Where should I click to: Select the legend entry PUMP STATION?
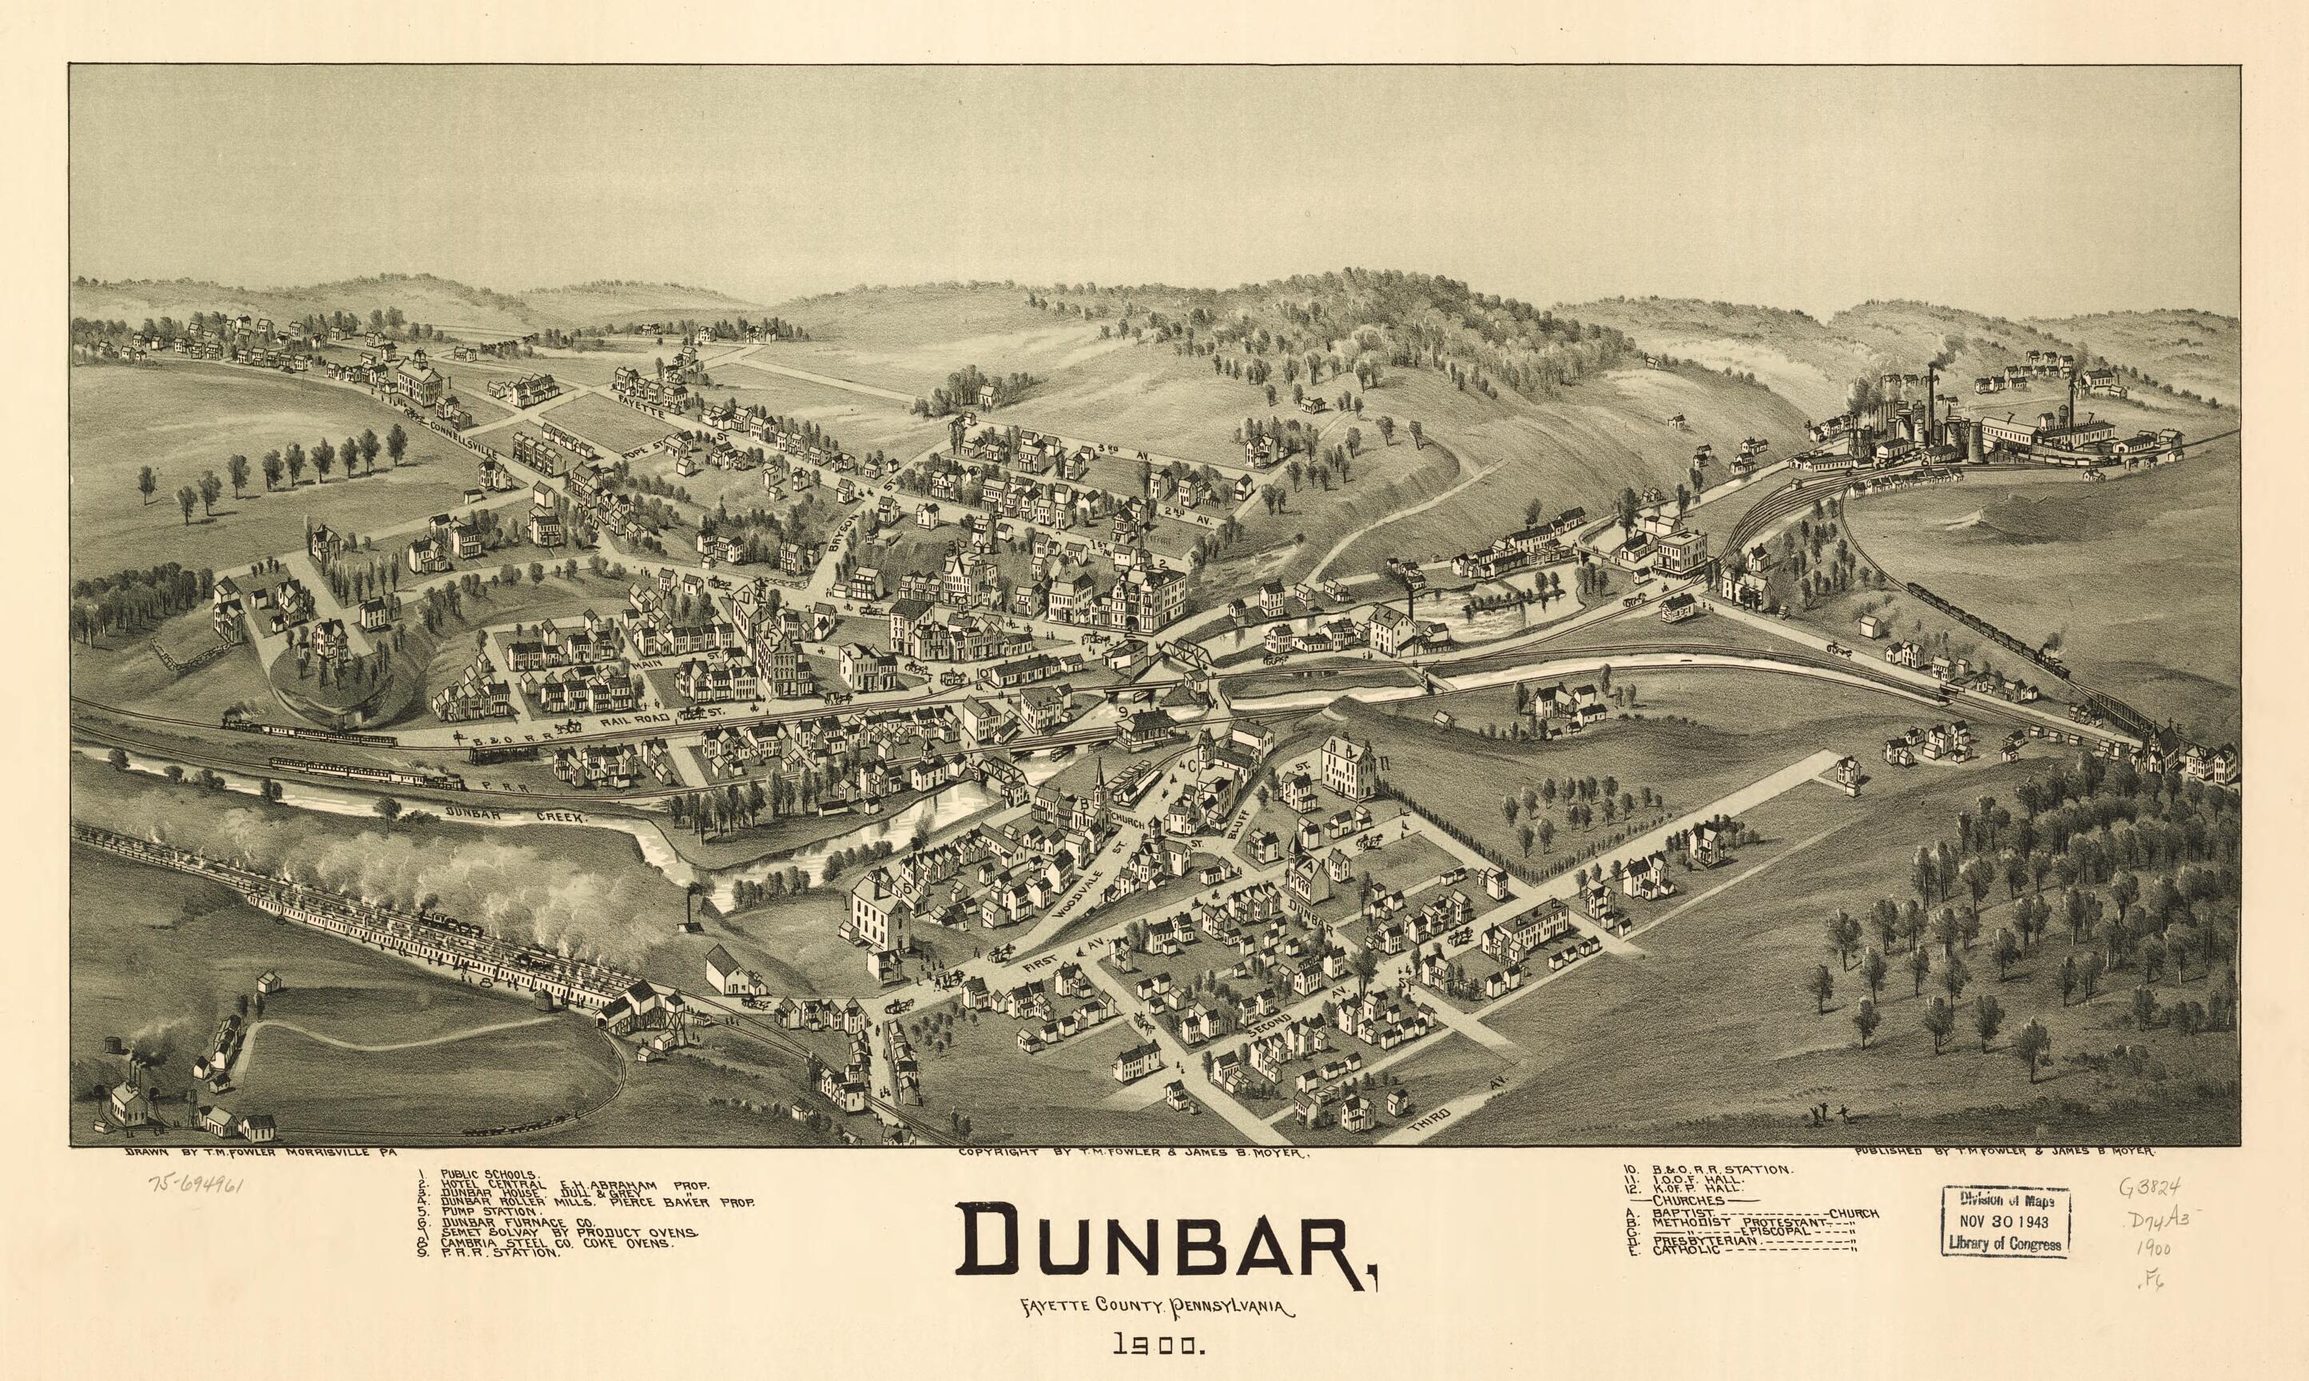point(490,1212)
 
